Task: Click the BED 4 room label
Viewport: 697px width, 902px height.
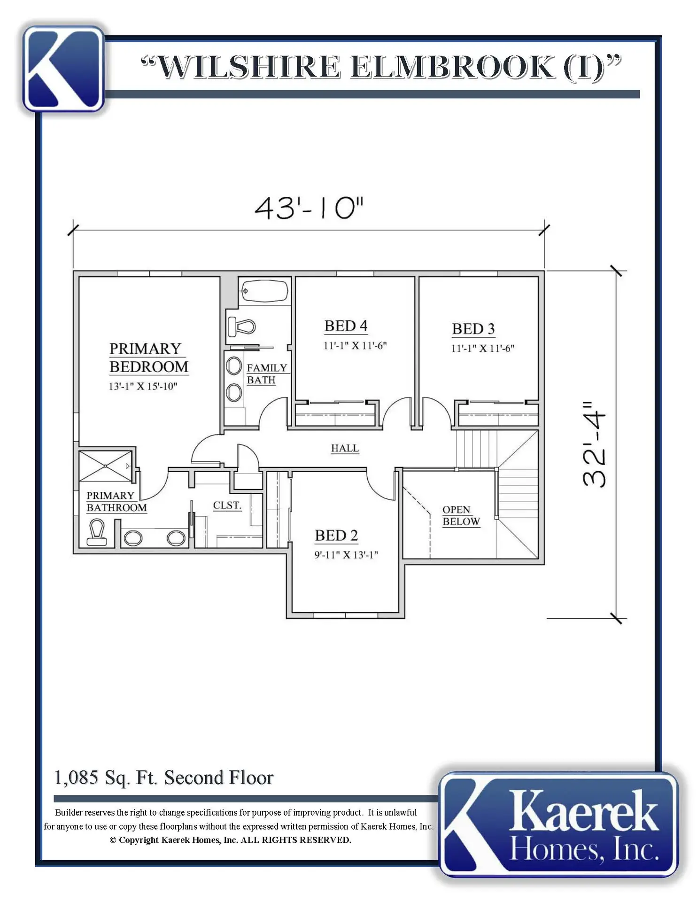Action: point(346,326)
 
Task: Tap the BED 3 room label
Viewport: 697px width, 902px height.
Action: point(473,329)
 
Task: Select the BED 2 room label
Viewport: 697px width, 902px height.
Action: point(336,536)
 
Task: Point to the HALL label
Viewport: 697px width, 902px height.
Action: point(345,448)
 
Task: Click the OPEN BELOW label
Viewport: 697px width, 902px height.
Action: point(461,516)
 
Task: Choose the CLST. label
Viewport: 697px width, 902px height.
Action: point(227,505)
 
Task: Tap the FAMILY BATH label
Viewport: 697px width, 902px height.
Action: point(267,374)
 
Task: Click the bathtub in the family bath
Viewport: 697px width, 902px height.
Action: point(264,291)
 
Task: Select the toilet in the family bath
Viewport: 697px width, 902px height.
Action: point(241,326)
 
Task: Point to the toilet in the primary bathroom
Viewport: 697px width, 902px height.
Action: point(97,532)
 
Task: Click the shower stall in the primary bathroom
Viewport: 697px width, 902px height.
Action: point(106,466)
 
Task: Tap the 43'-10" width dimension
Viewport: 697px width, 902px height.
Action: point(309,208)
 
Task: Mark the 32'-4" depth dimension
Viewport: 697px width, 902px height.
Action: point(594,444)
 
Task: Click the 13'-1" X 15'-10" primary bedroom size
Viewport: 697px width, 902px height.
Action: point(143,386)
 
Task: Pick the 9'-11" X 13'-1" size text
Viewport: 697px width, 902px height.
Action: point(346,555)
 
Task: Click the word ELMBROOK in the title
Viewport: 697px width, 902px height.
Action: point(452,67)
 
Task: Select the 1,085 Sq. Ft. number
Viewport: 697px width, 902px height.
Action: point(76,778)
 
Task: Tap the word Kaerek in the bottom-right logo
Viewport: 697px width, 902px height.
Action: point(583,811)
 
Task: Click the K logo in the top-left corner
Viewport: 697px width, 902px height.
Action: point(63,69)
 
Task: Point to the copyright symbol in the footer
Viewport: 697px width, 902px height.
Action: point(113,840)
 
